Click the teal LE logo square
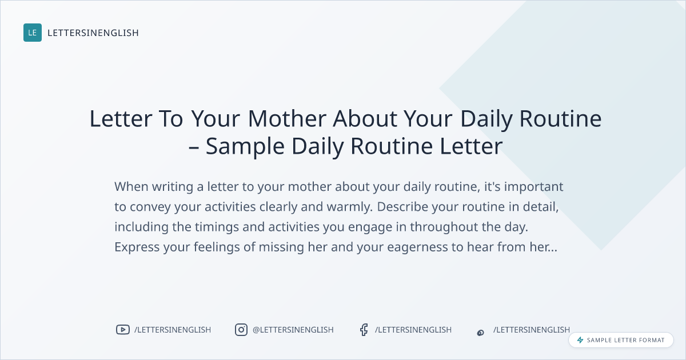point(33,33)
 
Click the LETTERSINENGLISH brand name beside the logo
point(93,33)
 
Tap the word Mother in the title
point(287,118)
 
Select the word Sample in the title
point(245,147)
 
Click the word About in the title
point(365,118)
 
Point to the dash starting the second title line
point(194,147)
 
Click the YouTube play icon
point(123,330)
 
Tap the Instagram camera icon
point(241,330)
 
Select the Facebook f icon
point(364,330)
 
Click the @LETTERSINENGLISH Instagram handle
point(293,330)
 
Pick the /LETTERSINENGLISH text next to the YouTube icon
point(173,330)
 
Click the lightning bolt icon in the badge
point(580,340)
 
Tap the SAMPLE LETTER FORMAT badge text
point(625,340)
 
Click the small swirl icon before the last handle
point(481,333)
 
